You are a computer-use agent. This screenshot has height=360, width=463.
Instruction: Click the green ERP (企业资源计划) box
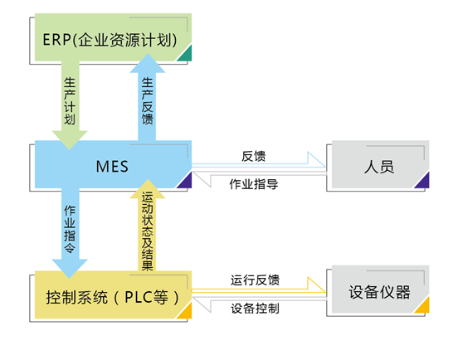click(x=113, y=37)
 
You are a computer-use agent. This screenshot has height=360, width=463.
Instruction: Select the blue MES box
click(x=113, y=164)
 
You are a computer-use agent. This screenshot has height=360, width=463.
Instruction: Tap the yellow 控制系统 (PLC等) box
click(x=113, y=294)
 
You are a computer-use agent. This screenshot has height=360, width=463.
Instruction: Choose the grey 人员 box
click(x=380, y=164)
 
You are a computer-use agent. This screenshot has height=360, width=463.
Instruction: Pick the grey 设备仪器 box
click(x=380, y=289)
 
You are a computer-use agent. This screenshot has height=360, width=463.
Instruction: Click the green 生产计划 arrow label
click(x=70, y=101)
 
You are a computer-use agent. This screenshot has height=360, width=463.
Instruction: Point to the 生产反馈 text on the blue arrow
click(x=147, y=101)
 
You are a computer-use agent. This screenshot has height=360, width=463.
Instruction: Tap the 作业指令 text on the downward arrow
click(x=70, y=229)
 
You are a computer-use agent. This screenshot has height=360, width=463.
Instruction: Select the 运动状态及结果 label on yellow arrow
click(x=147, y=231)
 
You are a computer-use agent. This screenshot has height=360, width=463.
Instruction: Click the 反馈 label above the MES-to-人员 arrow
click(x=254, y=156)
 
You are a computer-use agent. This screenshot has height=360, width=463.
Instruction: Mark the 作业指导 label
click(x=254, y=184)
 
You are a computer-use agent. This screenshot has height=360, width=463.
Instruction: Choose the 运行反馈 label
click(x=255, y=280)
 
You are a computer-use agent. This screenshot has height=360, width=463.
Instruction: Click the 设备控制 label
click(x=255, y=309)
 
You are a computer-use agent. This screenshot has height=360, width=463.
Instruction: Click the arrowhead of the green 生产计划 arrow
click(x=70, y=140)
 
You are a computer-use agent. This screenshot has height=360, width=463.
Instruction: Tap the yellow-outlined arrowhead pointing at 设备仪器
click(x=316, y=285)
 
